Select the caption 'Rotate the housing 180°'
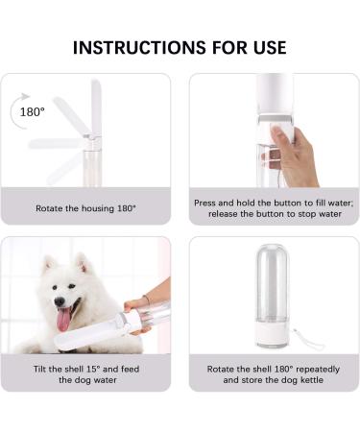85,207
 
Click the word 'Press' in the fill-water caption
207,204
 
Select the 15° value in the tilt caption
95,369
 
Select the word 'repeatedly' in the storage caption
301,369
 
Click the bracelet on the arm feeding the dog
147,300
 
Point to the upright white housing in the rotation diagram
95,107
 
